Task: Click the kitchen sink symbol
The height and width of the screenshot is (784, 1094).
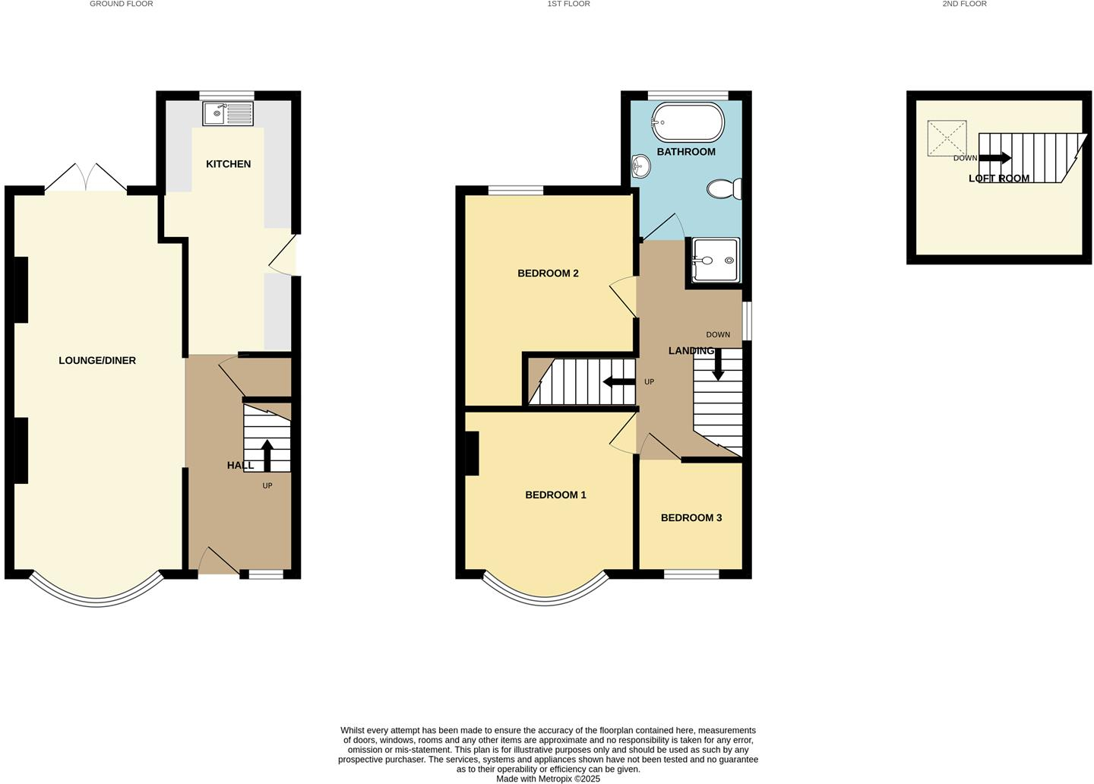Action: pos(228,114)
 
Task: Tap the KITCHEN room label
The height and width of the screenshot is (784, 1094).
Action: pos(228,164)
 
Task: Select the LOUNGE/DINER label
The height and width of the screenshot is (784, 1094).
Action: pos(97,361)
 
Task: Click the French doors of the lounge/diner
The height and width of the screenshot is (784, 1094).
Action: pos(86,178)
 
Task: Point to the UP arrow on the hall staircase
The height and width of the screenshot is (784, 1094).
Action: pos(267,454)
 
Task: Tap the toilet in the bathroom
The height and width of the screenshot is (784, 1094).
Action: pos(724,188)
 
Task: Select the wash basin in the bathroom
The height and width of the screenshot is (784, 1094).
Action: pos(640,166)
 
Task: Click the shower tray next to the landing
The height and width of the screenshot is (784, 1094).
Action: pos(715,260)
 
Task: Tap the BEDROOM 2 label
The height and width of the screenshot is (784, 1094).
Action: pos(548,273)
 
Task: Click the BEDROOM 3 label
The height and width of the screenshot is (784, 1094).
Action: pos(691,518)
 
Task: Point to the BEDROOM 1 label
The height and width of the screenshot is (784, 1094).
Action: pos(555,495)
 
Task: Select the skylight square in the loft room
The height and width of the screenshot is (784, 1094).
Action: pos(947,138)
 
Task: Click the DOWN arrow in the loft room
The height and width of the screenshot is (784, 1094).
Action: pos(995,158)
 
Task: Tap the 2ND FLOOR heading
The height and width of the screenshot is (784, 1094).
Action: pos(964,4)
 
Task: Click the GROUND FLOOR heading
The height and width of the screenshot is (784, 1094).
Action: pos(122,4)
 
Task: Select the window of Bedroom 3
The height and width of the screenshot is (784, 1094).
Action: pos(691,574)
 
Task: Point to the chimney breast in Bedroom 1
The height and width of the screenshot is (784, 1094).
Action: pos(472,454)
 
